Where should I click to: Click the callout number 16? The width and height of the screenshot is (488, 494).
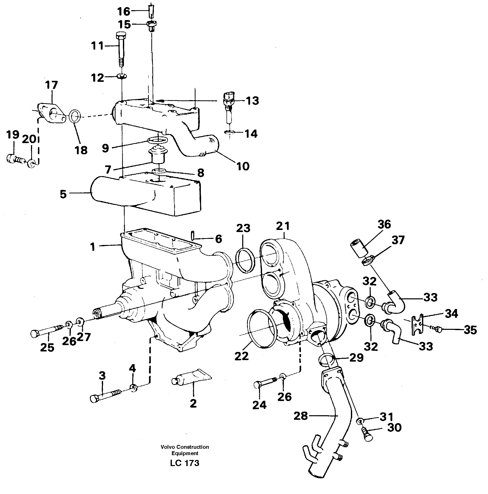coord(124,11)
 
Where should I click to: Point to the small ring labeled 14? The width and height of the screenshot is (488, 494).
coord(229,132)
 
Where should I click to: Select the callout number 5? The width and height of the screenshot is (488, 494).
coord(63,194)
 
